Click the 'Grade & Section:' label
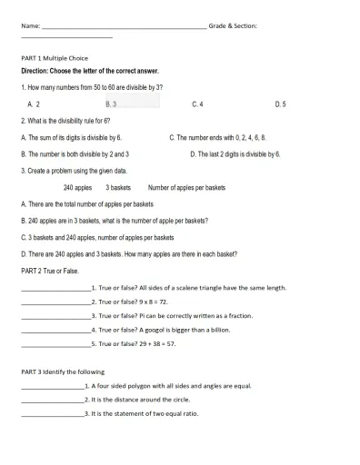click(x=233, y=25)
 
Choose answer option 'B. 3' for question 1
click(x=111, y=104)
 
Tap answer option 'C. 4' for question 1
click(x=197, y=104)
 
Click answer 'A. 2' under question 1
click(x=34, y=104)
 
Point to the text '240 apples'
click(x=77, y=187)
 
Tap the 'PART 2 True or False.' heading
click(x=54, y=271)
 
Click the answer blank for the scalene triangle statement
click(x=55, y=289)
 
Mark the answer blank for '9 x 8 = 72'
click(x=55, y=302)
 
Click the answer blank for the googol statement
click(x=55, y=331)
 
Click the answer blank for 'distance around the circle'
click(x=52, y=401)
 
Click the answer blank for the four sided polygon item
click(x=52, y=387)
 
